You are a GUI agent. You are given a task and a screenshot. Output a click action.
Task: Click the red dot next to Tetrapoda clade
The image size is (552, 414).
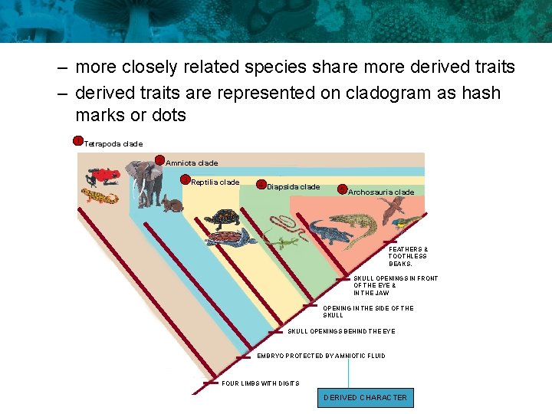(x=77, y=140)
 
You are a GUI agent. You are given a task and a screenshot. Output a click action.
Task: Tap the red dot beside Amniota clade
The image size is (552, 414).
(x=160, y=160)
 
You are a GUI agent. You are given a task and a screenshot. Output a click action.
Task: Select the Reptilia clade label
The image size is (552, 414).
(x=215, y=182)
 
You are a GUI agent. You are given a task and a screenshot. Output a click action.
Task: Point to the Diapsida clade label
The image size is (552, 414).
(x=294, y=187)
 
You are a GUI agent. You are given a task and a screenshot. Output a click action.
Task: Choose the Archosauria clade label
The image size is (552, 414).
(x=381, y=192)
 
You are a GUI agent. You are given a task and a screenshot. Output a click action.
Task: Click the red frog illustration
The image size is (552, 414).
(x=102, y=176)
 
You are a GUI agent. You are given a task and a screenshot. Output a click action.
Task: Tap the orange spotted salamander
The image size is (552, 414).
(x=100, y=196)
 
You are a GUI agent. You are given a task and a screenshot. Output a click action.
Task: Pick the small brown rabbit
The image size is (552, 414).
(x=172, y=205)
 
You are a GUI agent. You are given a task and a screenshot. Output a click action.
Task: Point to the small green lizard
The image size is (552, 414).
(x=285, y=243)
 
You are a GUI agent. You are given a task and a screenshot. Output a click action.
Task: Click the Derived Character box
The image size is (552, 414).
(x=365, y=397)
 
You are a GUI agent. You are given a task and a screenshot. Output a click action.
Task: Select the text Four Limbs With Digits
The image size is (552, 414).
(x=260, y=383)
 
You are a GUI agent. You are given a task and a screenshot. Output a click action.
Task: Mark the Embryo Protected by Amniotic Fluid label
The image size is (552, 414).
(x=320, y=356)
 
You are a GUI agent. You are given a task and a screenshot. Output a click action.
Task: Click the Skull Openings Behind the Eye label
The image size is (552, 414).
(x=341, y=331)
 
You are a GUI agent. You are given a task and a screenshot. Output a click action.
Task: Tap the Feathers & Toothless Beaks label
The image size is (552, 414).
(x=408, y=256)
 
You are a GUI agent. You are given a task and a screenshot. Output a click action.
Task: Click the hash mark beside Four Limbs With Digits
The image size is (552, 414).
(x=210, y=383)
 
